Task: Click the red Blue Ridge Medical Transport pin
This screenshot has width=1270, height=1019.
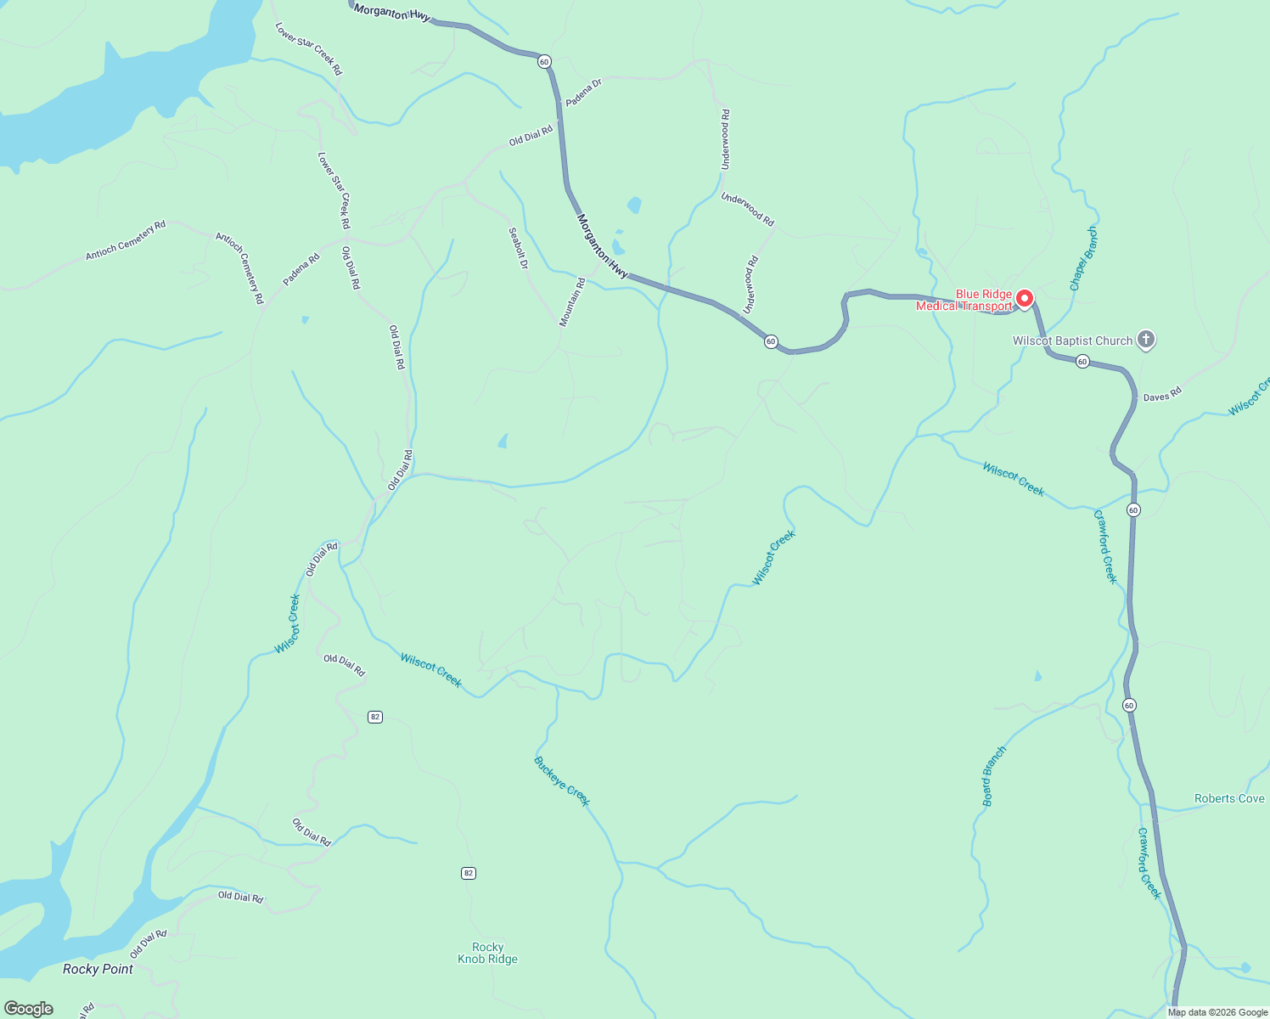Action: (1025, 298)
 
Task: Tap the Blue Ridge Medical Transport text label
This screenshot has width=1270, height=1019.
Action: (964, 301)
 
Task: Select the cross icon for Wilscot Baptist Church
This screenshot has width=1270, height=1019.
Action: (1146, 341)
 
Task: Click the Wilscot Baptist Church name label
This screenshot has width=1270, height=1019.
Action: (1072, 341)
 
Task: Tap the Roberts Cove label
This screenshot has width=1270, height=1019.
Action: (1228, 798)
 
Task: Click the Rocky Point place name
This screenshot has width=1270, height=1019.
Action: (98, 969)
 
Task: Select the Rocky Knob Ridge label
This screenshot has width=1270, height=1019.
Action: (487, 953)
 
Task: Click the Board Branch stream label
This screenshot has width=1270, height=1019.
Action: (993, 776)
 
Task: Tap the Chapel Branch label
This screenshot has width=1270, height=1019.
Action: (1083, 259)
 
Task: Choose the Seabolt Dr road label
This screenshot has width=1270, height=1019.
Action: (518, 249)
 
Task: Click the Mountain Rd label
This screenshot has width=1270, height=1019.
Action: (572, 302)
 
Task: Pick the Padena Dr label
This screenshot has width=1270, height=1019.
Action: (583, 92)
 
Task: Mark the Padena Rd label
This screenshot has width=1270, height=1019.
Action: (301, 270)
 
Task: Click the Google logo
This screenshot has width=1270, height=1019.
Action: (29, 1008)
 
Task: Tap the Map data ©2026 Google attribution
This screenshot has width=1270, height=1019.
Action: (1217, 1012)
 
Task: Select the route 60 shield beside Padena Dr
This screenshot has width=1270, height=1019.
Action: (544, 61)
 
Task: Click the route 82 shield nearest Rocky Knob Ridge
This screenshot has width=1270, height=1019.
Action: (469, 873)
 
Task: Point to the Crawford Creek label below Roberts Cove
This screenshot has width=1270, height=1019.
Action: (1149, 864)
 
